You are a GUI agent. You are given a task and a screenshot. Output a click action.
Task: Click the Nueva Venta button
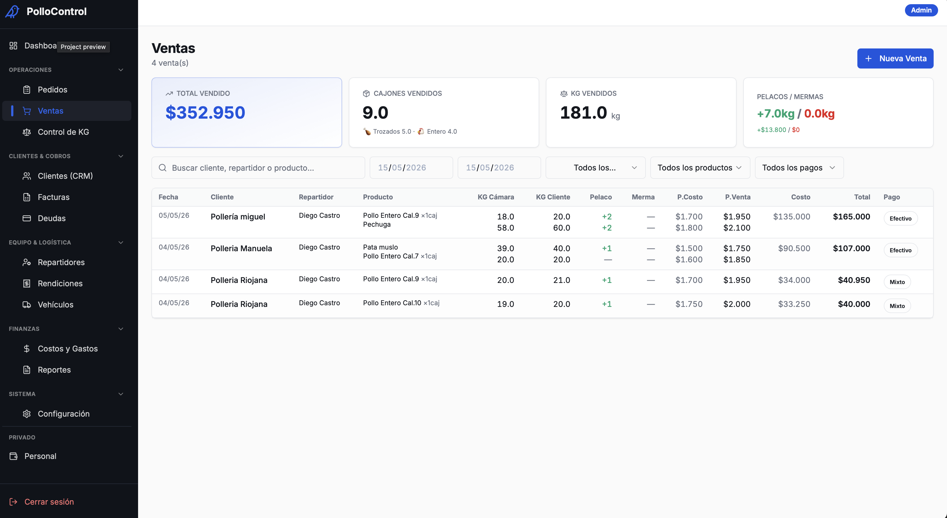[895, 58]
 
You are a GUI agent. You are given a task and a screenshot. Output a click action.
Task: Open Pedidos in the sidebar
[52, 90]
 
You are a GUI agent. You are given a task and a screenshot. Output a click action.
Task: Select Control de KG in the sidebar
[63, 132]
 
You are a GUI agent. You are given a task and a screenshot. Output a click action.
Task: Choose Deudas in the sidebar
[51, 219]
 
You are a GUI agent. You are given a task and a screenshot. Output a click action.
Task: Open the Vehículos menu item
[55, 305]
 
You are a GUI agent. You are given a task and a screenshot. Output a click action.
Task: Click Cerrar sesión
[49, 502]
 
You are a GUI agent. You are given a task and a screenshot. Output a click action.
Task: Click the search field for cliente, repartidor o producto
[258, 168]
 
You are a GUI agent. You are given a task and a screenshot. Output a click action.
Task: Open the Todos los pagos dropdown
[799, 168]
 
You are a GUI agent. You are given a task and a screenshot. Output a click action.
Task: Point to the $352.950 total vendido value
[205, 113]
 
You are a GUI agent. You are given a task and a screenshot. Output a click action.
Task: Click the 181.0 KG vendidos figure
[583, 113]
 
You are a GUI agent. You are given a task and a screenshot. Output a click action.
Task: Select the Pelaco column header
[601, 197]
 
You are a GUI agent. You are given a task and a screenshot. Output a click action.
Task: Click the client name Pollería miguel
[238, 217]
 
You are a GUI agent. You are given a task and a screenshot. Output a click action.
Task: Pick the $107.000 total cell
[852, 249]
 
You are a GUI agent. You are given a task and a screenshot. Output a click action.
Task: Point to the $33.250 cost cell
[794, 304]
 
